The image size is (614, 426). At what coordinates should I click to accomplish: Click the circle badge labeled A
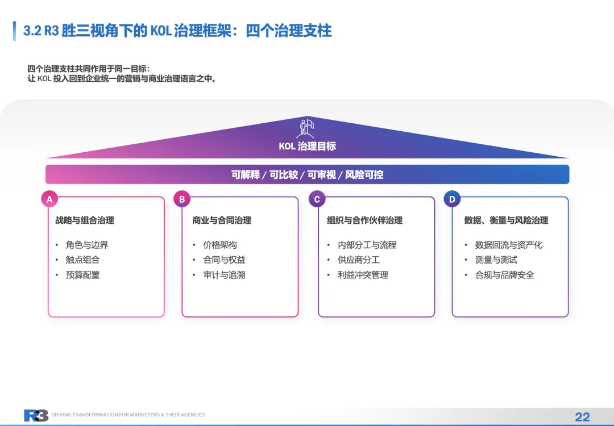(x=49, y=199)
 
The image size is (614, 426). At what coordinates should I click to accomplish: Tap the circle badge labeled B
(x=182, y=199)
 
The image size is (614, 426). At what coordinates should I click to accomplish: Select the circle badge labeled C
(x=317, y=199)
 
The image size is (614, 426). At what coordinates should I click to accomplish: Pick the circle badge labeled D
(x=452, y=199)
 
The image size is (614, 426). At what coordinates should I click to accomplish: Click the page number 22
(x=582, y=417)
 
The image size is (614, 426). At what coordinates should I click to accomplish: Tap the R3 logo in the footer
(x=36, y=415)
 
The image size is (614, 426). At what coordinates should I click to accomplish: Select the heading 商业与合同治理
(x=222, y=220)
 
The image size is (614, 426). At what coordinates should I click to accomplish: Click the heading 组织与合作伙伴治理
(x=364, y=220)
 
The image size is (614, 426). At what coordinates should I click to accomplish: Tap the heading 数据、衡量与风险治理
(x=506, y=220)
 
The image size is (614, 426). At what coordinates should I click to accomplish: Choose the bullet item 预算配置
(x=82, y=275)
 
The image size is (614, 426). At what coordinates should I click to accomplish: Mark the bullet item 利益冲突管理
(x=363, y=275)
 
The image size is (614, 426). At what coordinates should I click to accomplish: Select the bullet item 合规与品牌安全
(x=504, y=275)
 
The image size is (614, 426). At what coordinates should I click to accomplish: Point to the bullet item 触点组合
(x=82, y=260)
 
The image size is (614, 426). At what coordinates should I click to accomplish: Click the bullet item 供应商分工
(x=359, y=260)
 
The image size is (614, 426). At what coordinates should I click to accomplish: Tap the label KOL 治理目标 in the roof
(x=307, y=147)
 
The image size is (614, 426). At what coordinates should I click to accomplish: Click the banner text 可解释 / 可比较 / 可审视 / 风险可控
(x=307, y=175)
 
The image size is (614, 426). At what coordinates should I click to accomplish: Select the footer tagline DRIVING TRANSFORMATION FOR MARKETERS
(x=128, y=415)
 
